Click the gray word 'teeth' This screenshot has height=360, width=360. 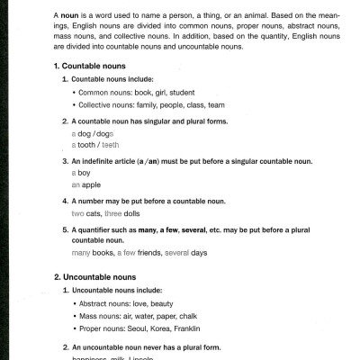110,144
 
